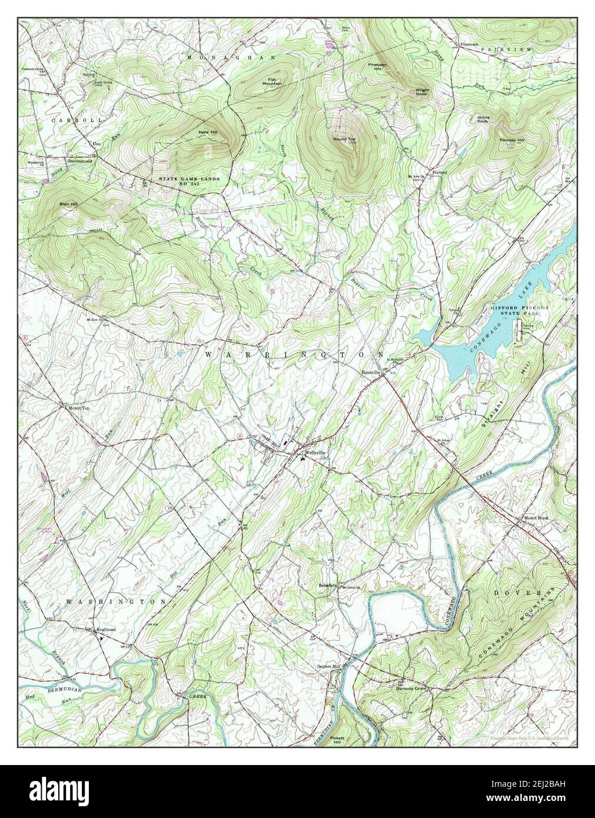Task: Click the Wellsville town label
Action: tap(314, 453)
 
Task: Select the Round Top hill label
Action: tap(344, 139)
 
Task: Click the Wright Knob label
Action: tap(423, 92)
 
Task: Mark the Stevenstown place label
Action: tap(81, 160)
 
